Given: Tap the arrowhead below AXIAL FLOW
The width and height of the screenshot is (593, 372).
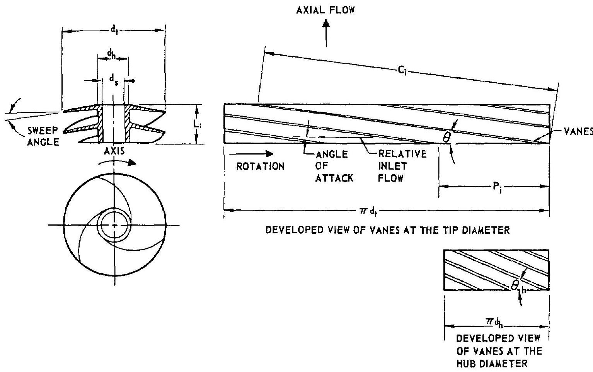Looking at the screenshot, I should [327, 24].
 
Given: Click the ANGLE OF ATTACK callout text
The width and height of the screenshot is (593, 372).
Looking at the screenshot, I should [334, 166].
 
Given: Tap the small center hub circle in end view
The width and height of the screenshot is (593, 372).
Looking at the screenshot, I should [114, 224].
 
